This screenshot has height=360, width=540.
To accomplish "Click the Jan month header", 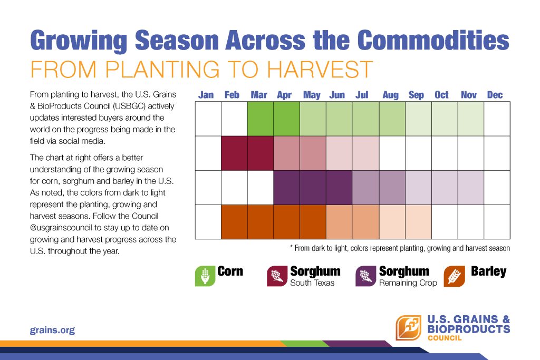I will pos(206,95).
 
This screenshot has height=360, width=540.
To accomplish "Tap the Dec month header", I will pos(495,95).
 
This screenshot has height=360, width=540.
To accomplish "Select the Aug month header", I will pos(390,95).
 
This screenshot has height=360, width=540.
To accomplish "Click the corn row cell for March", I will pos(261,119).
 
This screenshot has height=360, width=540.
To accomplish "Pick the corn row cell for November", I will pos(470,119).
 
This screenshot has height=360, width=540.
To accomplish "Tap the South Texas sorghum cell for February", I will pos(234,153).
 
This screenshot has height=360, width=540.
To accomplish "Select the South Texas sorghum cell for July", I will pos(365,153).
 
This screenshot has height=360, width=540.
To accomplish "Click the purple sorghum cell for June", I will pos(339,187).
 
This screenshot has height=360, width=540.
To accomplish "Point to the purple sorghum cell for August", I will pos(392,187).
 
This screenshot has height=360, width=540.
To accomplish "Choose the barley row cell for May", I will pos(313,221).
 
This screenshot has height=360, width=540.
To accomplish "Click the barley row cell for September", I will pos(418,221).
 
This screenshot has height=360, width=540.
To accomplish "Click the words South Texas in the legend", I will pos(312,283).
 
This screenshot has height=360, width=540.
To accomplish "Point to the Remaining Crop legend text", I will pos(408,283).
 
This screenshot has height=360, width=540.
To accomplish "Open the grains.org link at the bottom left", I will pos(52,330).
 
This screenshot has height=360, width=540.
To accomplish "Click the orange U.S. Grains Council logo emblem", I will pos(408,327).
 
